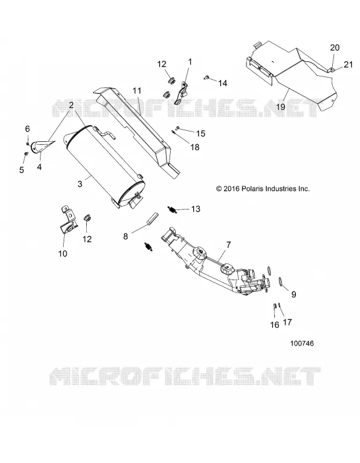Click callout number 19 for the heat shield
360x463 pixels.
click(x=281, y=106)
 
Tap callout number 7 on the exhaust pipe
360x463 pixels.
click(x=229, y=245)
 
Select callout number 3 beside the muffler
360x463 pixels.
click(x=80, y=183)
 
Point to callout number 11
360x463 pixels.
click(x=137, y=90)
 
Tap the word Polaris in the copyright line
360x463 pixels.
click(x=253, y=189)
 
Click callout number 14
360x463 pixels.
click(x=222, y=83)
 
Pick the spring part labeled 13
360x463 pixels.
click(x=172, y=210)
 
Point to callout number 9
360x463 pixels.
click(x=293, y=294)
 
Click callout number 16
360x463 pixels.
click(x=275, y=325)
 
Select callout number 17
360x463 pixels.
click(x=287, y=322)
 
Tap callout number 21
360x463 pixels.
click(x=348, y=64)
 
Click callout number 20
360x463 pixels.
click(x=335, y=47)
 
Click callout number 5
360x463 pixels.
click(x=21, y=170)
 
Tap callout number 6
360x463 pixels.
click(x=27, y=128)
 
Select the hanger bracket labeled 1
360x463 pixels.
click(x=182, y=93)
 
